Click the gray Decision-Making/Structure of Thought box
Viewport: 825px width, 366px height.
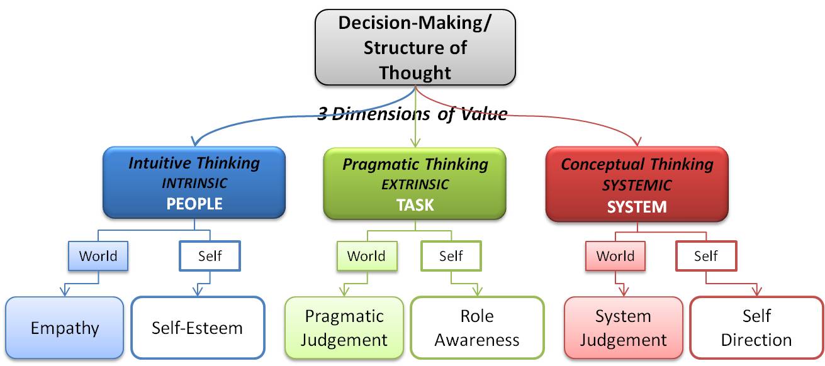(x=415, y=48)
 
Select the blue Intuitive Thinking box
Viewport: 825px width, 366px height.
(x=194, y=182)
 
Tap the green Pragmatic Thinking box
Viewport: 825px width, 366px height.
(x=415, y=184)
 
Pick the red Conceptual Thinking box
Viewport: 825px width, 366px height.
(x=637, y=184)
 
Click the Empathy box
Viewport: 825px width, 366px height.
(x=64, y=328)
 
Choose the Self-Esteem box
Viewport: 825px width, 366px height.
(x=198, y=328)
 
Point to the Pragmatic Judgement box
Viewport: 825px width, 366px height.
(x=344, y=328)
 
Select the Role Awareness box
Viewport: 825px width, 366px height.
(x=477, y=328)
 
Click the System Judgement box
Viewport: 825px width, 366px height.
(x=623, y=328)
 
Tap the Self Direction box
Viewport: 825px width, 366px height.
(x=756, y=328)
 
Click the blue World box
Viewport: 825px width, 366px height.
(x=98, y=256)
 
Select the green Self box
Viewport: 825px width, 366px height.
(x=451, y=256)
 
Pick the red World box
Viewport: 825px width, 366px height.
(x=615, y=256)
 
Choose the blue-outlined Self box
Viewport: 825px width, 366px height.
(x=210, y=256)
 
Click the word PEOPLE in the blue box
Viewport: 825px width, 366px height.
(x=194, y=204)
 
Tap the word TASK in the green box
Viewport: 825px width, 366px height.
(x=415, y=205)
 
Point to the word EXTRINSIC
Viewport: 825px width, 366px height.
(x=415, y=184)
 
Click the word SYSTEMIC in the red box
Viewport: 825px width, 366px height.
(x=637, y=186)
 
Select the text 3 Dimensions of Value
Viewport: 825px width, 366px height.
(x=412, y=114)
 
